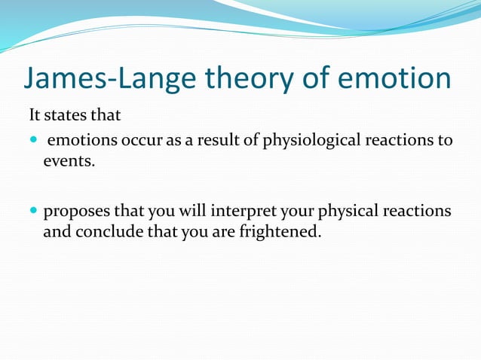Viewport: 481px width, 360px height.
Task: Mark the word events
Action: pos(69,160)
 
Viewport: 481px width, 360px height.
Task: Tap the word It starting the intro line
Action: pos(35,117)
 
